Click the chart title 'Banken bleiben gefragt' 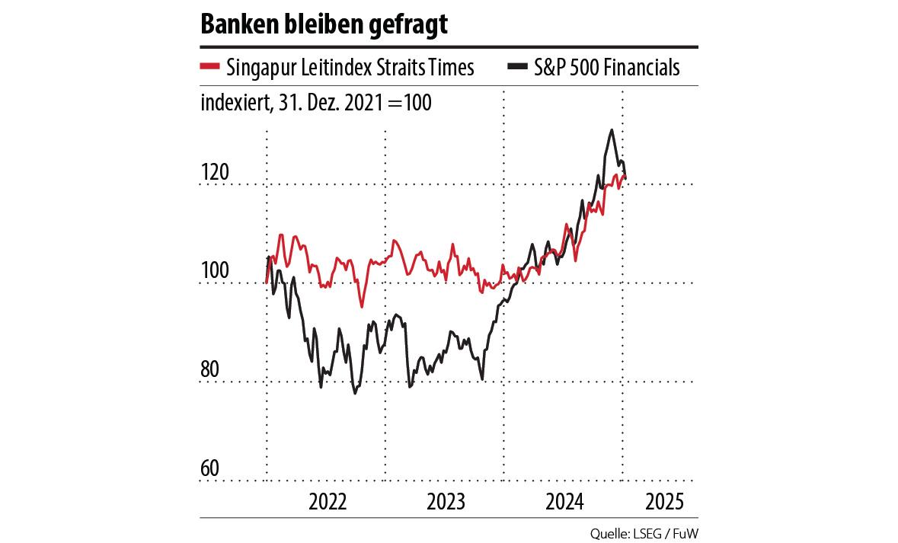coord(324,24)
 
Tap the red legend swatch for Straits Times coord(210,67)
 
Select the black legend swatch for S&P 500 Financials coord(516,67)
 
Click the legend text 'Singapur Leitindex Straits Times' coord(350,68)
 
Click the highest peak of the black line coord(612,130)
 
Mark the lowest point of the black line coord(355,393)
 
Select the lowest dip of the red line coord(362,306)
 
